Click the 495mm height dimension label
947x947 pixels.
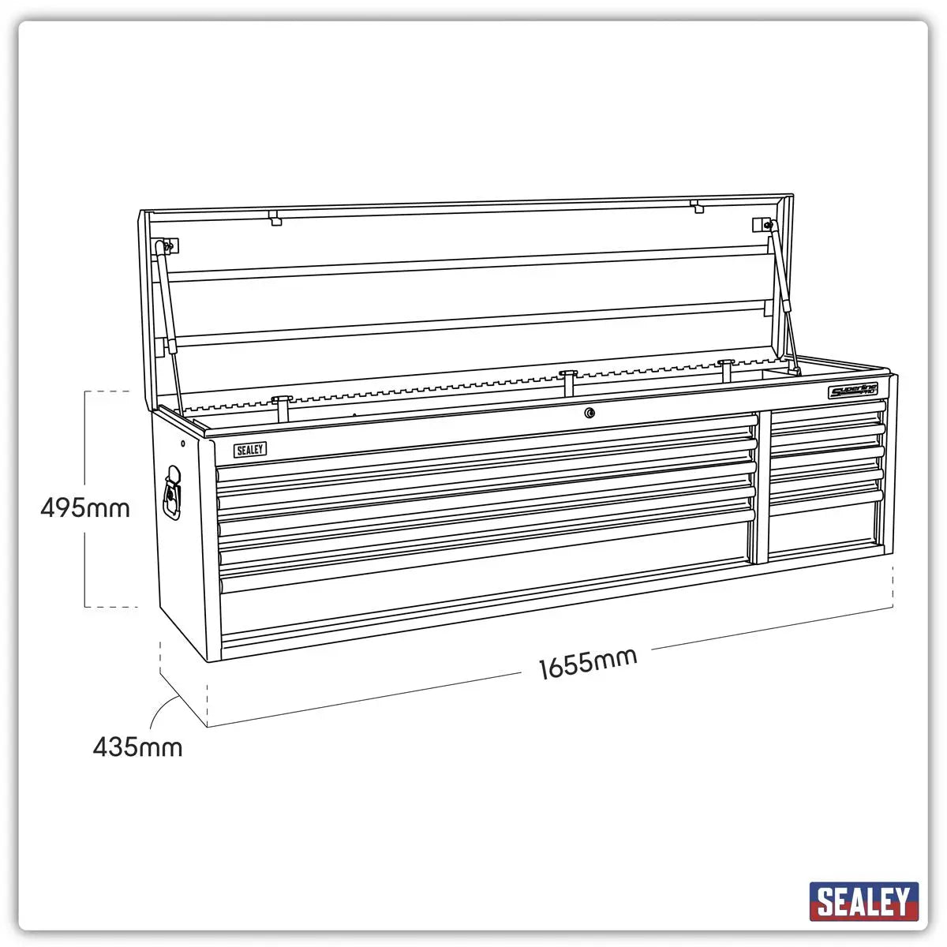(85, 507)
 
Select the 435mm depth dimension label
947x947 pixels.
(137, 747)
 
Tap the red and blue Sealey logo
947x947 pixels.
(863, 901)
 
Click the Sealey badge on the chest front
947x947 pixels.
(249, 450)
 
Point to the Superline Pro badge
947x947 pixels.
(853, 391)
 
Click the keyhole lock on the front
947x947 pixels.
(589, 412)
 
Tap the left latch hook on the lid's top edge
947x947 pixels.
(275, 217)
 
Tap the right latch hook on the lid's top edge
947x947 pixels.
(696, 207)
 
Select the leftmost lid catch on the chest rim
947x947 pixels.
(283, 407)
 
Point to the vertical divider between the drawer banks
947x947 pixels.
(762, 485)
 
